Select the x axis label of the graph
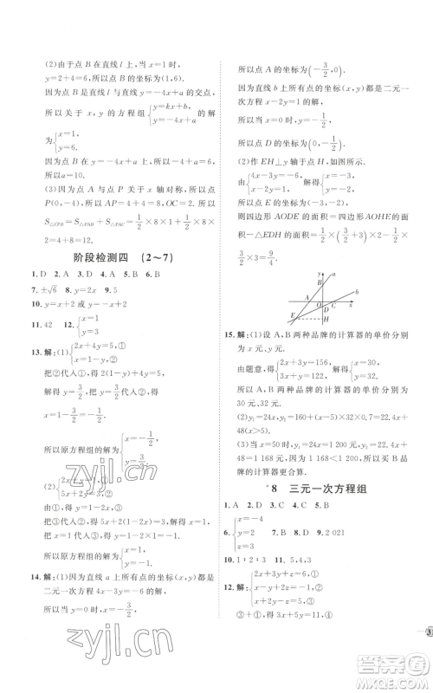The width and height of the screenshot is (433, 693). (351, 305)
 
